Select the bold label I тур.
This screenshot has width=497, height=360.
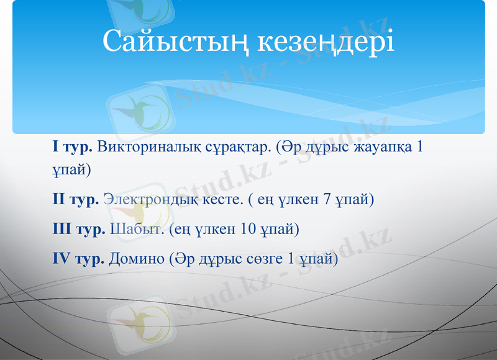tap(73, 148)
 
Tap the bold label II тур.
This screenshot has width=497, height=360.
tap(76, 200)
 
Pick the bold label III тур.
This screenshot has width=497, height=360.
tap(79, 230)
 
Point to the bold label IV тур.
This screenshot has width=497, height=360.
tap(79, 259)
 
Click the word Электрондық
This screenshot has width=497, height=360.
tap(149, 200)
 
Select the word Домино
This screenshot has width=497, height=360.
tap(137, 259)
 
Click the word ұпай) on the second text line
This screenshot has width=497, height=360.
tap(72, 169)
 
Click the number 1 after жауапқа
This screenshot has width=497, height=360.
tap(421, 148)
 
